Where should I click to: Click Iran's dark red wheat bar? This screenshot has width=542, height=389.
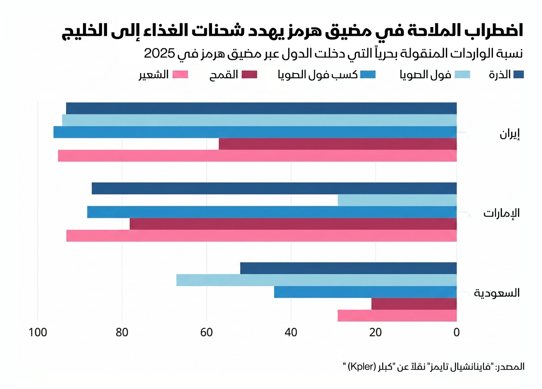click(x=337, y=144)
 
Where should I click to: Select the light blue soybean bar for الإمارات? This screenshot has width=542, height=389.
click(x=397, y=200)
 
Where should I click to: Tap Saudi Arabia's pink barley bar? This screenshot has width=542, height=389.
click(x=397, y=316)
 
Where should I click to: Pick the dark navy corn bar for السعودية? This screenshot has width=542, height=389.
click(x=348, y=268)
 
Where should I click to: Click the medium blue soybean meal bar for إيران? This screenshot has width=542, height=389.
click(x=255, y=132)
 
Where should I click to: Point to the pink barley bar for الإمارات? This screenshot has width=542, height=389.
click(x=261, y=236)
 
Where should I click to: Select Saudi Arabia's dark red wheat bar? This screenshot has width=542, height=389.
click(x=414, y=304)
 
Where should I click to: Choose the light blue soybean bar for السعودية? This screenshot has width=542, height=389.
click(x=316, y=280)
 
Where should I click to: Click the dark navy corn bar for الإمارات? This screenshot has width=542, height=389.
click(x=274, y=188)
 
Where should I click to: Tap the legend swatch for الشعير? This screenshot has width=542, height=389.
click(x=180, y=74)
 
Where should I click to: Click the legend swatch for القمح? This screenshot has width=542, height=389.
click(x=249, y=74)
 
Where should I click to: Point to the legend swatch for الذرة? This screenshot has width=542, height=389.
click(x=518, y=74)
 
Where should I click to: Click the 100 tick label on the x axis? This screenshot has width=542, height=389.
click(x=38, y=332)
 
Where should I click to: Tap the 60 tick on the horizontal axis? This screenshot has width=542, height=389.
click(x=206, y=332)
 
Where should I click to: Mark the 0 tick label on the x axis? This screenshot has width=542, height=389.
click(x=456, y=332)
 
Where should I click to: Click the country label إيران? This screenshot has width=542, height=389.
click(x=509, y=134)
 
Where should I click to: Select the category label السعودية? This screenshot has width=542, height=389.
click(x=497, y=293)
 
